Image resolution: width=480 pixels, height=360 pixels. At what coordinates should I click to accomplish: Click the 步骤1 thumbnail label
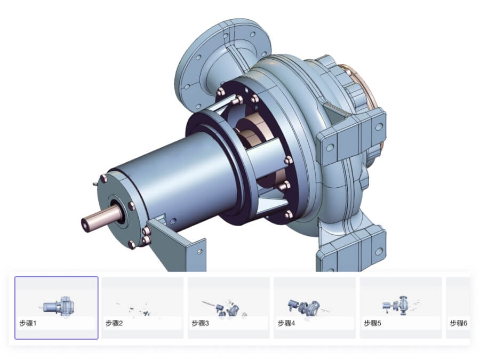(28, 323)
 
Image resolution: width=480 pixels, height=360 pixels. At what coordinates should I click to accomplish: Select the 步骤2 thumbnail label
(114, 323)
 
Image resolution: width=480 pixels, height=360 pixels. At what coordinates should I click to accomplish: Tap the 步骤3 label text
(200, 323)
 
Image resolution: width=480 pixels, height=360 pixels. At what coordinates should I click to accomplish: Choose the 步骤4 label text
(286, 323)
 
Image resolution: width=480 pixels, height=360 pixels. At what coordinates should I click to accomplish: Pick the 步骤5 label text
(373, 323)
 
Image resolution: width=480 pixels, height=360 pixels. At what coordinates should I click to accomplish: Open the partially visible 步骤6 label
(459, 323)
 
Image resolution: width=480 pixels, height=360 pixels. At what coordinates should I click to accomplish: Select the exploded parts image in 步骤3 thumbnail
(225, 308)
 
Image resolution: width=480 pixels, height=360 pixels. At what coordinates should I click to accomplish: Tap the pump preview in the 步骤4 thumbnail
(305, 306)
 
